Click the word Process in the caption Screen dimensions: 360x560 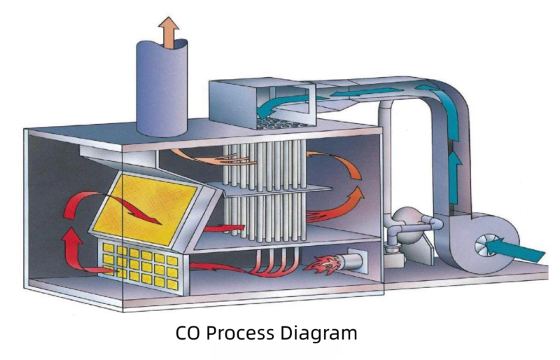point(241,332)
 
